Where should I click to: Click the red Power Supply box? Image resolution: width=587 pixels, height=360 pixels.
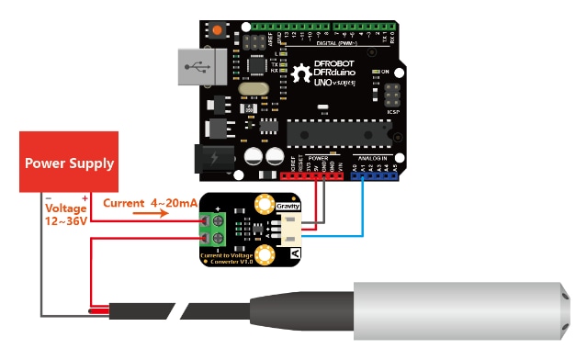click(70, 163)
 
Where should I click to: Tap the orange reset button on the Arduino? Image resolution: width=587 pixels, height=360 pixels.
click(218, 31)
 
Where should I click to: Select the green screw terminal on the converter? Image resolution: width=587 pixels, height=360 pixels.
click(219, 229)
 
